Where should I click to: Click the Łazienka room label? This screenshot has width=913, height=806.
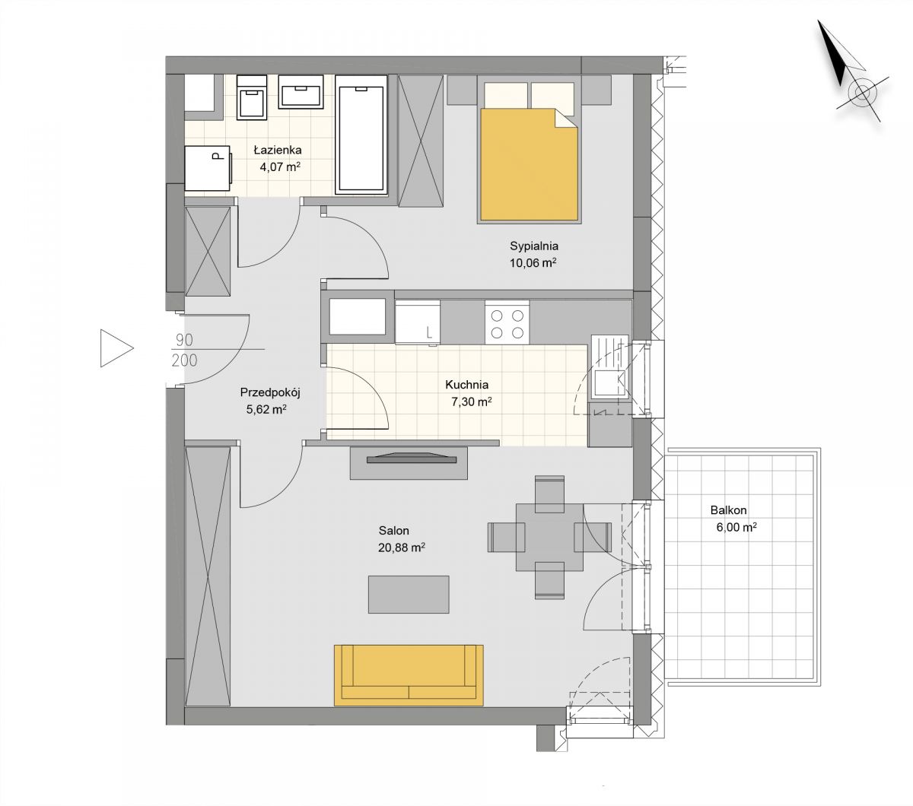point(277,150)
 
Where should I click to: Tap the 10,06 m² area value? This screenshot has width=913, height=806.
point(533,263)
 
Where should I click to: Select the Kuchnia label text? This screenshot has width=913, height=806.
point(467,385)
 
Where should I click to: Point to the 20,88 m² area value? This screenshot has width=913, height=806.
point(402,547)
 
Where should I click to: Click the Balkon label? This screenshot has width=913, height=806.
point(729,510)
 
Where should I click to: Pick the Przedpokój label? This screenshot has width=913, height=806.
point(270,393)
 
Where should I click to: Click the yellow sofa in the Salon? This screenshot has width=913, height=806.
point(409,675)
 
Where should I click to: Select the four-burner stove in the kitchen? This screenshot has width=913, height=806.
point(507,322)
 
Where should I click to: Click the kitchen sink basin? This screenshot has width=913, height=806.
point(609,382)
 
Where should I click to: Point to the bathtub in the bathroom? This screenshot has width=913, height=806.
point(361,135)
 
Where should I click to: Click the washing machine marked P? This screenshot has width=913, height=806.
point(208,168)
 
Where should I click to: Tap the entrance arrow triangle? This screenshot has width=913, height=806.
point(116,348)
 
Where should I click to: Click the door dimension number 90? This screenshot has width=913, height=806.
point(184,340)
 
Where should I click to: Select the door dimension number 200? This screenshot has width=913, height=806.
point(184,360)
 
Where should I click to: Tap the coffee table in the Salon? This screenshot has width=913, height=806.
point(409,595)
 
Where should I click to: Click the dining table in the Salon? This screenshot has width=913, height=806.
point(549,537)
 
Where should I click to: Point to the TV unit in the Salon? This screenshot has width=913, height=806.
point(409,463)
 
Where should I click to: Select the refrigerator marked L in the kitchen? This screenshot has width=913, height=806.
point(417,322)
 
